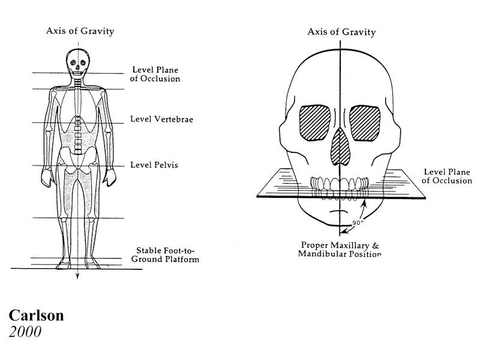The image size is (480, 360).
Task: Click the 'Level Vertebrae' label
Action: point(161,119)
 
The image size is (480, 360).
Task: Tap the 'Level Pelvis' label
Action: point(154,164)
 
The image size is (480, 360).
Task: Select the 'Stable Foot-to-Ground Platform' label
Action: point(166,255)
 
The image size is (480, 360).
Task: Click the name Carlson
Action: point(36,316)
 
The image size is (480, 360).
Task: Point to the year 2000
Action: point(25,332)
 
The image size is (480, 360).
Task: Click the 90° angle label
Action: point(358,223)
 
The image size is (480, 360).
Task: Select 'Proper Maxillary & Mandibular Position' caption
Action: point(340,250)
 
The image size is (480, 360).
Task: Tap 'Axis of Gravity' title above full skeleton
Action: point(80,31)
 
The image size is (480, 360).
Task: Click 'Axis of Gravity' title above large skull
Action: point(341,32)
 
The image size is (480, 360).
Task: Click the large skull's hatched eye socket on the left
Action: point(314,123)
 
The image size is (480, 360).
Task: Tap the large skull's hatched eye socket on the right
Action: point(365,123)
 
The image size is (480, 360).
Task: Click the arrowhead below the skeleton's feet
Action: point(78,276)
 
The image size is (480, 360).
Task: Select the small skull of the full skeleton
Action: point(79,63)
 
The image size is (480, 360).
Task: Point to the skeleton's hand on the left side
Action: point(47,178)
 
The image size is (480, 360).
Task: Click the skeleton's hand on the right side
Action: point(110,177)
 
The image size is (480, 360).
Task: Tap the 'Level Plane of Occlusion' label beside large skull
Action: point(447,176)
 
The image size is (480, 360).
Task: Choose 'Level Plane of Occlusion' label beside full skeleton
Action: point(155,74)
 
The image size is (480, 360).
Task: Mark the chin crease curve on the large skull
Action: point(338,211)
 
